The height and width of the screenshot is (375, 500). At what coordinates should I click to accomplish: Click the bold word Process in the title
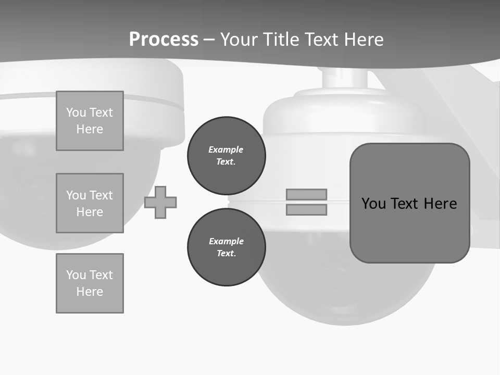click(164, 40)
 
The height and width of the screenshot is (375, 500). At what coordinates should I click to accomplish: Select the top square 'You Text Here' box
click(90, 121)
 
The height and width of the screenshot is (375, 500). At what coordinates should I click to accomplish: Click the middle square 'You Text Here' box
click(90, 203)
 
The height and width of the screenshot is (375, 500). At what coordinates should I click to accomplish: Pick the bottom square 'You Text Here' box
click(90, 283)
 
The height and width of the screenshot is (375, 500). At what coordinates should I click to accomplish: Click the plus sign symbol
click(160, 203)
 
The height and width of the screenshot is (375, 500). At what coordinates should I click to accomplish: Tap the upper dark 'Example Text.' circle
click(226, 155)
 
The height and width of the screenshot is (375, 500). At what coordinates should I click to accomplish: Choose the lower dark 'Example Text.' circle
click(226, 247)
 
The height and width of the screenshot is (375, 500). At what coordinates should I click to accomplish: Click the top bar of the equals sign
click(306, 194)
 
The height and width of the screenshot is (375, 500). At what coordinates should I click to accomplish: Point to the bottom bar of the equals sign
click(306, 209)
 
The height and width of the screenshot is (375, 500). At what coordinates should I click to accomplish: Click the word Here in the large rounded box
click(440, 203)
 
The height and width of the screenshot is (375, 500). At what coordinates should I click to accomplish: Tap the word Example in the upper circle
click(226, 149)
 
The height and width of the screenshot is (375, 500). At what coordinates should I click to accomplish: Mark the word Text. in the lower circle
click(226, 253)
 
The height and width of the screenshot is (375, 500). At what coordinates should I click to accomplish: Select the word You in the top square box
click(76, 113)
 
